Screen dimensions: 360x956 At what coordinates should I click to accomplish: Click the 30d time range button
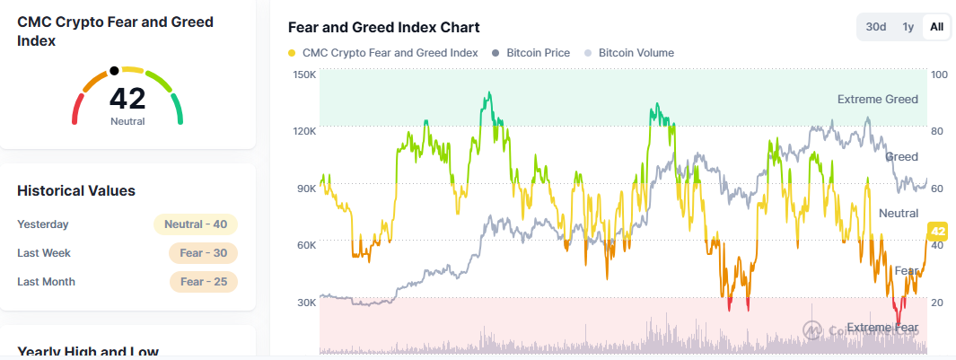(876, 27)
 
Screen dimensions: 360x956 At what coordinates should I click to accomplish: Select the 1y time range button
(908, 27)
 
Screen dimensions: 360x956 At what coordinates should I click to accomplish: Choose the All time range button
(936, 27)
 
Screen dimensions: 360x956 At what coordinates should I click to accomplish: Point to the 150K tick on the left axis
(304, 75)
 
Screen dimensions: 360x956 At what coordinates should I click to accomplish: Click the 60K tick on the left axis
(306, 245)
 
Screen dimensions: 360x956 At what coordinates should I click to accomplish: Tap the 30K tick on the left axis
(306, 303)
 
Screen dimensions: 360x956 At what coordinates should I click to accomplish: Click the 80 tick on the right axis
(938, 131)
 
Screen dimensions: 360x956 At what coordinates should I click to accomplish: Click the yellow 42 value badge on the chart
(938, 232)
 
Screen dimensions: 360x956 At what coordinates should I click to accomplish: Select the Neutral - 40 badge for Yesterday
(195, 224)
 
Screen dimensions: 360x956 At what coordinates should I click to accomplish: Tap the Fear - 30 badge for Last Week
(203, 253)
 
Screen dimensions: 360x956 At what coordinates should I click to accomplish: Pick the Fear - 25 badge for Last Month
(203, 282)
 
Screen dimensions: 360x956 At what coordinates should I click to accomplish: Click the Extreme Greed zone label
(877, 99)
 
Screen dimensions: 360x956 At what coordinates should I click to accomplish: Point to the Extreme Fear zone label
(882, 328)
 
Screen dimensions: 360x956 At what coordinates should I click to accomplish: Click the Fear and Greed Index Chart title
(383, 28)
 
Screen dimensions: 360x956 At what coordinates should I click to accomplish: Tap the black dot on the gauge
(114, 70)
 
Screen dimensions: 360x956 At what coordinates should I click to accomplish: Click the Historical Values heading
(76, 190)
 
